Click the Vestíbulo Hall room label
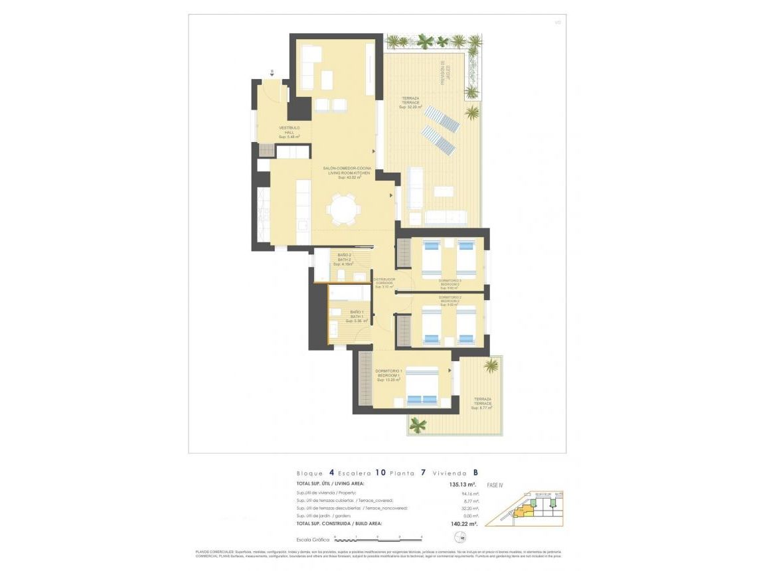pyautogui.click(x=290, y=131)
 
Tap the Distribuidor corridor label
pyautogui.click(x=384, y=283)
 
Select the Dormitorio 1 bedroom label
pyautogui.click(x=388, y=375)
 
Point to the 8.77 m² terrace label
pyautogui.click(x=483, y=403)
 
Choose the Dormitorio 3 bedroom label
pyautogui.click(x=450, y=284)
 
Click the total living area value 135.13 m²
pyautogui.click(x=463, y=485)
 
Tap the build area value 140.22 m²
pyautogui.click(x=463, y=524)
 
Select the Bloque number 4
pyautogui.click(x=331, y=473)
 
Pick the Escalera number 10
pyautogui.click(x=380, y=473)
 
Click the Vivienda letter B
pyautogui.click(x=475, y=473)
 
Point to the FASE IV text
pyautogui.click(x=495, y=485)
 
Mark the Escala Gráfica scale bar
pyautogui.click(x=378, y=537)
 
